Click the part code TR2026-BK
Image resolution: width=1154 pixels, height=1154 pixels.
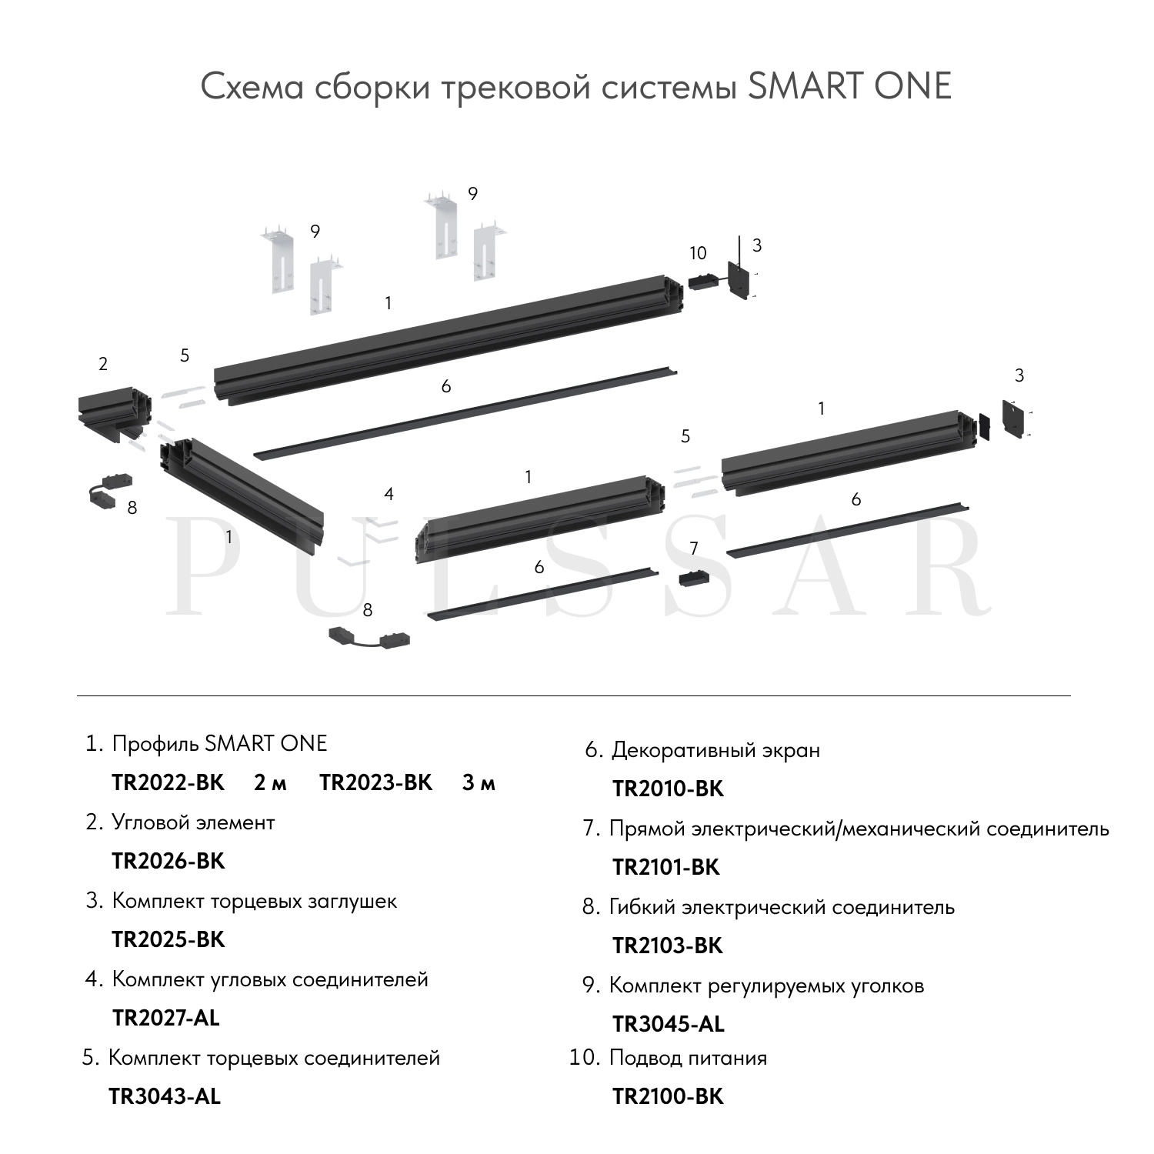168,861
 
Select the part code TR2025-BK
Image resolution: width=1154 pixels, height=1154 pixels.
168,939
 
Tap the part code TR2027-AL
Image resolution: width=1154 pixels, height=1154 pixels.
166,1018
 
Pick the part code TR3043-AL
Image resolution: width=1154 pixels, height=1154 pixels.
165,1096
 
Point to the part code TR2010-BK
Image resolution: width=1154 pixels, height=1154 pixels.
668,789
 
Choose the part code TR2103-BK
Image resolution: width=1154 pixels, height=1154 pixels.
668,946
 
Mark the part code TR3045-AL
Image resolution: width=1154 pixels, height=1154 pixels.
669,1024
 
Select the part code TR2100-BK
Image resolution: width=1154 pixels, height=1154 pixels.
668,1096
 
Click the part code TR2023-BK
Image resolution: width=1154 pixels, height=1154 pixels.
376,782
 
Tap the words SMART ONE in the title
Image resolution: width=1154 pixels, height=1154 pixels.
849,86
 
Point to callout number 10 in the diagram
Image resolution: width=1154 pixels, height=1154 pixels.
698,253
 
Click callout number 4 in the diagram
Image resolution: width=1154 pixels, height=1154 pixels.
389,494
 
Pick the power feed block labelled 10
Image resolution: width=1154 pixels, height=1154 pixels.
702,282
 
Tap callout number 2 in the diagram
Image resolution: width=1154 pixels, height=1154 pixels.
103,364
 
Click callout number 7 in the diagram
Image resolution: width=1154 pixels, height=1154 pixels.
694,549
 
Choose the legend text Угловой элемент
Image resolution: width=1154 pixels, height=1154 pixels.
193,822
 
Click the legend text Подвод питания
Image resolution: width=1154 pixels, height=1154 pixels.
688,1058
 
